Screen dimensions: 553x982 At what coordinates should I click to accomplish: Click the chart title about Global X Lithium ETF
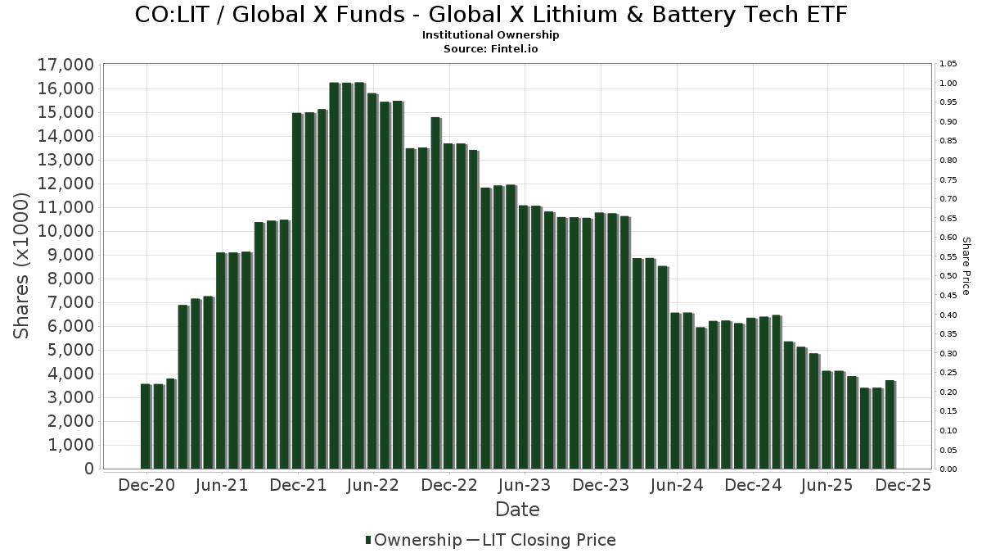pyautogui.click(x=490, y=15)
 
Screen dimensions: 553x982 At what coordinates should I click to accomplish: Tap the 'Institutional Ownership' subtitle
pyautogui.click(x=490, y=35)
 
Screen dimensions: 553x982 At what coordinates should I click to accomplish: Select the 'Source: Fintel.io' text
pyautogui.click(x=490, y=48)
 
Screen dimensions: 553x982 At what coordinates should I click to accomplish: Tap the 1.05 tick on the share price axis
pyautogui.click(x=948, y=64)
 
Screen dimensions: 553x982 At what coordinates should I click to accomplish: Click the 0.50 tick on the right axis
pyautogui.click(x=948, y=276)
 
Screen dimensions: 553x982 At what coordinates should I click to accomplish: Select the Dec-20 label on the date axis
pyautogui.click(x=146, y=485)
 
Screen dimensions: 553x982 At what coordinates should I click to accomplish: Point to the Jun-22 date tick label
pyautogui.click(x=373, y=485)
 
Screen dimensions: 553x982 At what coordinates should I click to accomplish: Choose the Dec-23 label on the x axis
pyautogui.click(x=601, y=485)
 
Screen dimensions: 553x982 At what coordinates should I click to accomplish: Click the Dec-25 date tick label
pyautogui.click(x=903, y=485)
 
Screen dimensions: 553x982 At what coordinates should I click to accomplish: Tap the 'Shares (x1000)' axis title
pyautogui.click(x=22, y=265)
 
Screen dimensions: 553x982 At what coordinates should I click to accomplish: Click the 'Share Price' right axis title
pyautogui.click(x=966, y=265)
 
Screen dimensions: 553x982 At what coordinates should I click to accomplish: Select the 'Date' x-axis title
pyautogui.click(x=517, y=510)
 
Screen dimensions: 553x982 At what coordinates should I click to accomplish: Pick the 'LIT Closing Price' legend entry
pyautogui.click(x=548, y=540)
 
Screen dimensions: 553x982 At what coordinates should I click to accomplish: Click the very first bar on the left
pyautogui.click(x=146, y=426)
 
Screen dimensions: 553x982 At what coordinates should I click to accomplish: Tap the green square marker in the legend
pyautogui.click(x=368, y=540)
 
